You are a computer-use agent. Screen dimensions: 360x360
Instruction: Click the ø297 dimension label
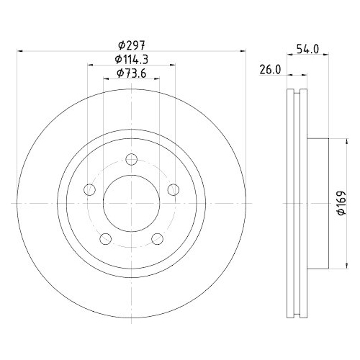pyautogui.click(x=131, y=45)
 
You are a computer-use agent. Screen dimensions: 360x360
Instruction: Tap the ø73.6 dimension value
pyautogui.click(x=131, y=73)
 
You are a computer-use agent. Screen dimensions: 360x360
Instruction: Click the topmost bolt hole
pyautogui.click(x=131, y=160)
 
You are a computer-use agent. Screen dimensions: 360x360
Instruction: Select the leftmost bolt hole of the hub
pyautogui.click(x=90, y=190)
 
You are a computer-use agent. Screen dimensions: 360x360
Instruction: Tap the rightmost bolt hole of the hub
pyautogui.click(x=173, y=190)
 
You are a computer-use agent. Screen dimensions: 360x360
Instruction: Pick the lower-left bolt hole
pyautogui.click(x=106, y=238)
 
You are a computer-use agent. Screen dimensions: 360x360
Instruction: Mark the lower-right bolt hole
pyautogui.click(x=157, y=238)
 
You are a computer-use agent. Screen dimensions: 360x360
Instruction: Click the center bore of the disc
pyautogui.click(x=131, y=204)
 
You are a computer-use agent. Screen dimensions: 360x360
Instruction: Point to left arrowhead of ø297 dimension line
pyautogui.click(x=19, y=51)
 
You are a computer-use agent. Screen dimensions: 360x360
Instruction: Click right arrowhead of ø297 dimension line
pyautogui.click(x=243, y=51)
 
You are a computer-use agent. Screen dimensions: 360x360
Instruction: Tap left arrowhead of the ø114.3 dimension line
pyautogui.click(x=90, y=66)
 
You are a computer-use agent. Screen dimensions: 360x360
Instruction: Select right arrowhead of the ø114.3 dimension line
pyautogui.click(x=173, y=66)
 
